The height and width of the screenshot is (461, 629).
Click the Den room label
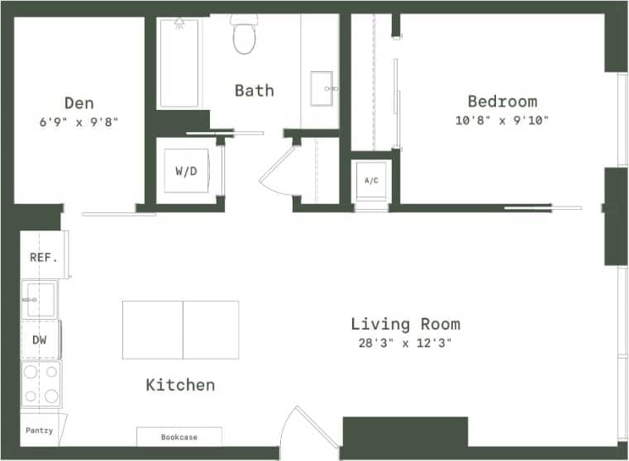point(79,103)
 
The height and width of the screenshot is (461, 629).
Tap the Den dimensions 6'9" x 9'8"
point(79,121)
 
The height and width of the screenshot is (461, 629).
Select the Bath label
point(254,90)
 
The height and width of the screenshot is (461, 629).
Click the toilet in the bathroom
point(245,35)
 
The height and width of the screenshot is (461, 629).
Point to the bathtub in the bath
point(179,63)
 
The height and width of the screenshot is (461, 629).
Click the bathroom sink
point(322,88)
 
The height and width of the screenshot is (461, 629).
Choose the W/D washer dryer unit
point(185,172)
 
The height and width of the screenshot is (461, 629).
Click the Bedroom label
point(502,102)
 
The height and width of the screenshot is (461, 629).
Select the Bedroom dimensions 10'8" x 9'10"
point(502,120)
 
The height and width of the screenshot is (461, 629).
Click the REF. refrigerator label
point(43,257)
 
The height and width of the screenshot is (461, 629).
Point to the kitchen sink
point(39,298)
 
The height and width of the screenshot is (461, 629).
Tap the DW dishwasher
point(40,340)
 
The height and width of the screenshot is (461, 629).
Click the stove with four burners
point(41,384)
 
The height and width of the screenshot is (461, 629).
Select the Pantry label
point(39,430)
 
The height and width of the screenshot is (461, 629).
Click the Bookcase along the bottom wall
point(179,436)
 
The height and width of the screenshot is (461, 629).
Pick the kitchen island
point(180,330)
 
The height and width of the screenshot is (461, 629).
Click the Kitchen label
point(180,385)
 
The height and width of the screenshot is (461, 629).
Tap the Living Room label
point(405,324)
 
